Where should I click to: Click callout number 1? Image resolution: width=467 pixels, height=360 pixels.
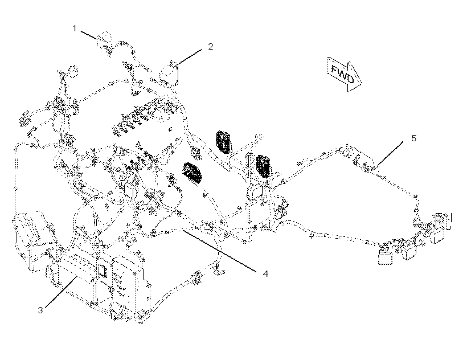(75, 28)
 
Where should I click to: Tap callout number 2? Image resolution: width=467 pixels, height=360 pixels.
(211, 47)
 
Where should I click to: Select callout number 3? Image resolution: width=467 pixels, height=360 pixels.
(40, 310)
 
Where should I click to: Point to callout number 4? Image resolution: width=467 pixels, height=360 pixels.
(265, 273)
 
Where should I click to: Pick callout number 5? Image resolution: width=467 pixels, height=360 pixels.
(413, 138)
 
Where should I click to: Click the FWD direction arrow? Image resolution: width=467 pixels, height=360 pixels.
(345, 74)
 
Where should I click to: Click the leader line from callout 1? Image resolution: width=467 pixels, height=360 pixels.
(89, 35)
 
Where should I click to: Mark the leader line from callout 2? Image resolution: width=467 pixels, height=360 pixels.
(190, 57)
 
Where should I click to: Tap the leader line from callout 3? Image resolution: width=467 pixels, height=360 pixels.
(62, 291)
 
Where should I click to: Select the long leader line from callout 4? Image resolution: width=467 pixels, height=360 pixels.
(219, 251)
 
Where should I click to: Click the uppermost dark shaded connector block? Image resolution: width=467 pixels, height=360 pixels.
(223, 142)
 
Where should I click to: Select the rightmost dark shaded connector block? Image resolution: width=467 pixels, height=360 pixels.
(263, 166)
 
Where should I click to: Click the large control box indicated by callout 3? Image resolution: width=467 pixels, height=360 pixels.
(99, 283)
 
